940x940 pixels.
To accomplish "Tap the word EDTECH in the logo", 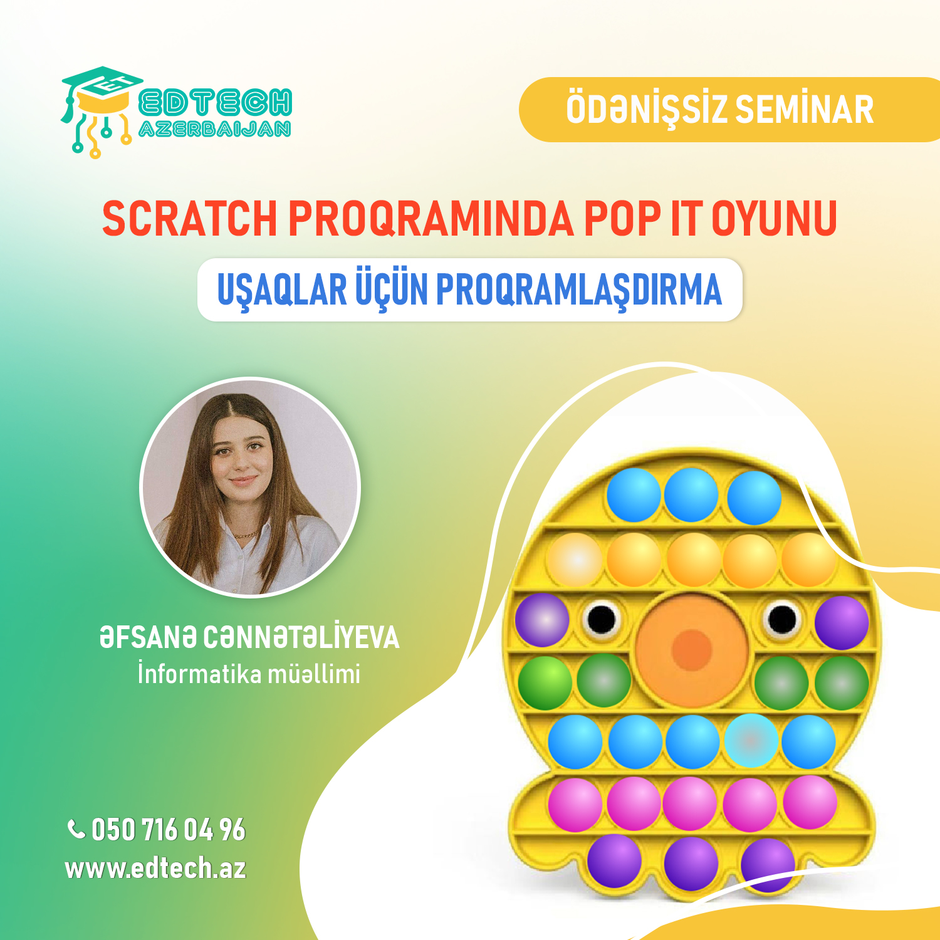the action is (x=215, y=103).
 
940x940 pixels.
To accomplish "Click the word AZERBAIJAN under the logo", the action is (x=214, y=129).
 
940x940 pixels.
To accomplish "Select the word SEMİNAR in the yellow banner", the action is (x=804, y=109).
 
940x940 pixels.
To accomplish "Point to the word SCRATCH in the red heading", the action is (x=189, y=219).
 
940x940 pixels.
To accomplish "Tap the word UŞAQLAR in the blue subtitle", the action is (x=282, y=290).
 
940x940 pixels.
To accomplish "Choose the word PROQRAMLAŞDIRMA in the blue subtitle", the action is (x=578, y=290).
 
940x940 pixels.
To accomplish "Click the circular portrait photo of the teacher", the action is (x=250, y=487).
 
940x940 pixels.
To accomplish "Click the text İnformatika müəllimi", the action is (x=249, y=674).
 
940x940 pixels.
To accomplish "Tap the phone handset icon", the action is (x=76, y=829).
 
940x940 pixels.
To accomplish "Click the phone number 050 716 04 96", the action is (x=169, y=830).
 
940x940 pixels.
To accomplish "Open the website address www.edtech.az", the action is (x=155, y=869).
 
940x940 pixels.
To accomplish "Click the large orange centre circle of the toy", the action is (x=692, y=648).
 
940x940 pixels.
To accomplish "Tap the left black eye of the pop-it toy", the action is (x=602, y=619).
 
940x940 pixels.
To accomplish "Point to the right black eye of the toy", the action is (x=781, y=619).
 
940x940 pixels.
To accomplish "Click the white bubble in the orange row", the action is (x=575, y=560).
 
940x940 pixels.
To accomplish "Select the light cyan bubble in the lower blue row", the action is (x=751, y=741).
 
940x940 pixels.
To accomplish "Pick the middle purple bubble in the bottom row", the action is (x=691, y=863).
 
